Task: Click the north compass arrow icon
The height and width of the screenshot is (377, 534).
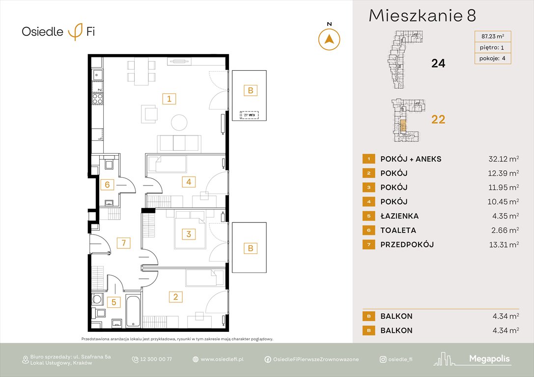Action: click(x=330, y=39)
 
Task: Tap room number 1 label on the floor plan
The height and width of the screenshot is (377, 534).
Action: click(x=169, y=99)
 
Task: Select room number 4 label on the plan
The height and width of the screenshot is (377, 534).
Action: click(x=188, y=182)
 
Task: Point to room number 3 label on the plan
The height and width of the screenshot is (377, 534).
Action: click(x=188, y=234)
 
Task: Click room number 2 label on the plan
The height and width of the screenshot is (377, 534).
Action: click(x=175, y=296)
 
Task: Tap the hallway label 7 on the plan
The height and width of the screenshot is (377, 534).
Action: click(x=124, y=242)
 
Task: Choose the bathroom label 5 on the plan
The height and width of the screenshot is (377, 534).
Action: click(x=113, y=302)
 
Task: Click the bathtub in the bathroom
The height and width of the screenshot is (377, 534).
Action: click(x=133, y=311)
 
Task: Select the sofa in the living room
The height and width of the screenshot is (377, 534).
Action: click(x=178, y=142)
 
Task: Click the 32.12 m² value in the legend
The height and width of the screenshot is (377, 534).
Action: click(x=501, y=159)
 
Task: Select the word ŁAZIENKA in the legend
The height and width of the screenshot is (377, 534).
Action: click(x=399, y=216)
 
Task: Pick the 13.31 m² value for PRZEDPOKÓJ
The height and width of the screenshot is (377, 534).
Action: click(x=501, y=244)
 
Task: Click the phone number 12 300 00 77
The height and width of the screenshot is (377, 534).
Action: click(x=155, y=359)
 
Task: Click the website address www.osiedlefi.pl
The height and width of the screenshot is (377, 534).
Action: click(x=222, y=359)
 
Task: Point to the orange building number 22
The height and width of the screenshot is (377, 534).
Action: click(x=438, y=119)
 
